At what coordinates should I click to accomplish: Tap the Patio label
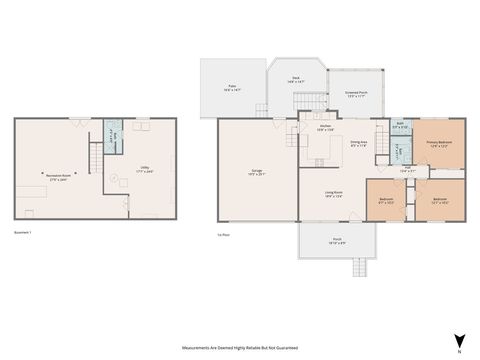point(231,88)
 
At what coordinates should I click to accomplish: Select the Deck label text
point(296,79)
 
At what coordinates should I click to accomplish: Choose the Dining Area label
point(357,143)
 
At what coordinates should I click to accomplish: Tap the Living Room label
point(334,195)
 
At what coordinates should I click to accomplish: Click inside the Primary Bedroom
point(439,144)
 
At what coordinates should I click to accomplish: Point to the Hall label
point(407,170)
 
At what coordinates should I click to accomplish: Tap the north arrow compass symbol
point(459,341)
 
